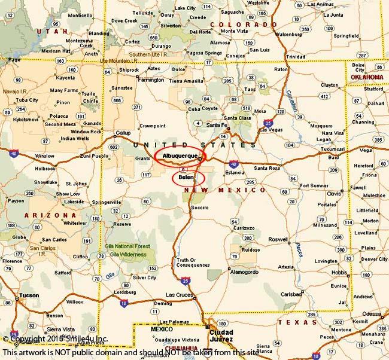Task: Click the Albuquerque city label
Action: click(x=180, y=155)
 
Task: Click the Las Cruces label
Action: click(x=178, y=295)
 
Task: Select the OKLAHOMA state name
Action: click(x=366, y=77)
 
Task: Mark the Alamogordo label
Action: click(x=247, y=270)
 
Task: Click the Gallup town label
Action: click(x=123, y=133)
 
